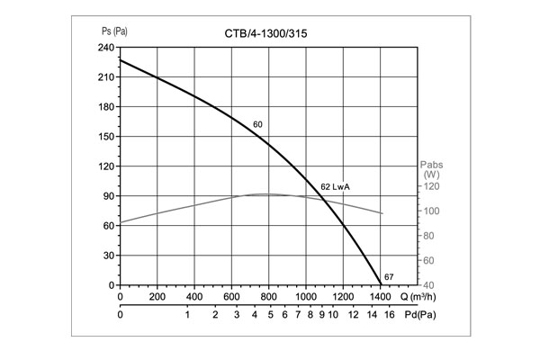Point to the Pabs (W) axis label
click(x=432, y=169)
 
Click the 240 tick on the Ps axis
click(x=105, y=48)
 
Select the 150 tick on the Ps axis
click(x=105, y=137)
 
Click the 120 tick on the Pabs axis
click(x=432, y=186)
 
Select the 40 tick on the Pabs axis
click(x=432, y=285)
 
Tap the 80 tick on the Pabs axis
click(x=432, y=236)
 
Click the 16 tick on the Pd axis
click(x=389, y=315)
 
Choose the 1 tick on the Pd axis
click(x=187, y=315)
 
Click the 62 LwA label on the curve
click(x=335, y=186)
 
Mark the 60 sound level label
click(x=257, y=124)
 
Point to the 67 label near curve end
click(x=388, y=275)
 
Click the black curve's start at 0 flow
click(x=121, y=60)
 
